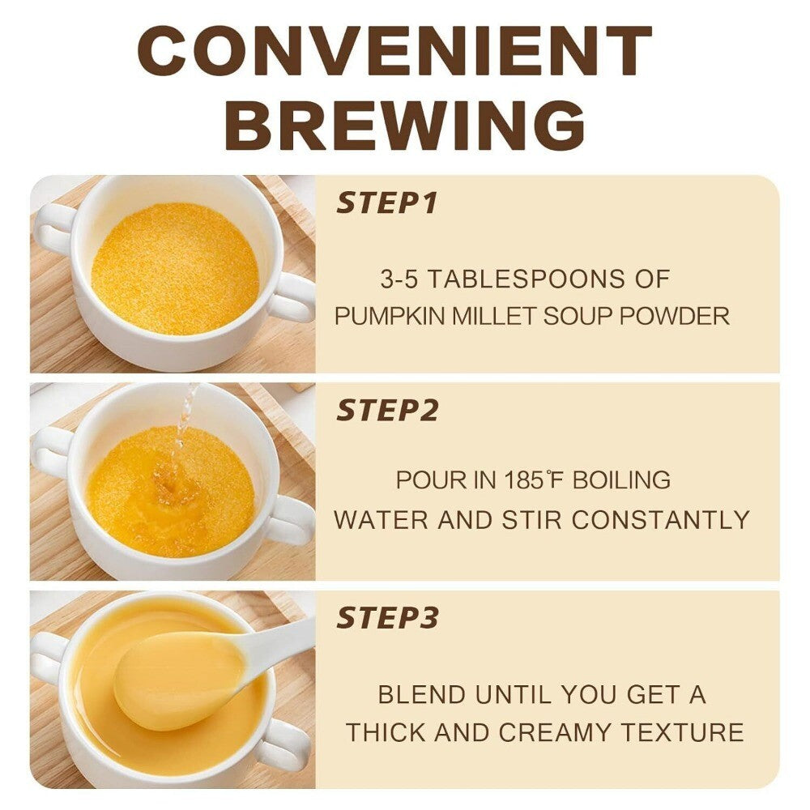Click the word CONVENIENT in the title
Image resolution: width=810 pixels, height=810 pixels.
394,51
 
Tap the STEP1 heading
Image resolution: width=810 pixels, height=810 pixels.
386,202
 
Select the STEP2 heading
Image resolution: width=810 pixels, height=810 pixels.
387,410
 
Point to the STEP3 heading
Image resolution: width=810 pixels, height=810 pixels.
387,617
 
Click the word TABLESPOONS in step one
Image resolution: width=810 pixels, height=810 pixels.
526,279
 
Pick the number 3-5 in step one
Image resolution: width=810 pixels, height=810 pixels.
399,279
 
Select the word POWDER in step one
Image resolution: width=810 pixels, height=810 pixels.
675,316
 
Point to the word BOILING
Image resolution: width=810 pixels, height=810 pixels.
621,480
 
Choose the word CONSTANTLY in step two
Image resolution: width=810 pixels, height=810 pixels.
661,520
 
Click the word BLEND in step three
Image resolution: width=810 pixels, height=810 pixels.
422,694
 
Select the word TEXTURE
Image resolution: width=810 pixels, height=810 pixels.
682,732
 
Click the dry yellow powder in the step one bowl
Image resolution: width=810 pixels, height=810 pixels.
175,268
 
